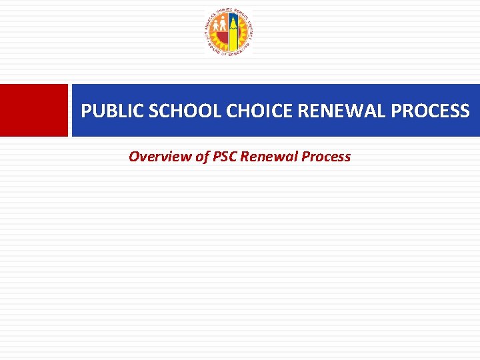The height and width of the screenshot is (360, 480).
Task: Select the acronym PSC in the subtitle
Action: (x=225, y=157)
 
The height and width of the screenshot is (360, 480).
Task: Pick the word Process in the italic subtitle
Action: (x=326, y=157)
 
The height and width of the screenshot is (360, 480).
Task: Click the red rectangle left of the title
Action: (x=34, y=110)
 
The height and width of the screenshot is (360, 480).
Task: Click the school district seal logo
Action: (x=229, y=33)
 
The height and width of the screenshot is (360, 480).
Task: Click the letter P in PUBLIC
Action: (x=86, y=111)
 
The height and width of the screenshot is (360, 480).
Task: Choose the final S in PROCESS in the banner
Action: (x=464, y=111)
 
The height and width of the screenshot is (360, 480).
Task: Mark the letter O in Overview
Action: (x=134, y=157)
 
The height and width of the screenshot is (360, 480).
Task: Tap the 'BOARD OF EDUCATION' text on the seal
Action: (x=229, y=53)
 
